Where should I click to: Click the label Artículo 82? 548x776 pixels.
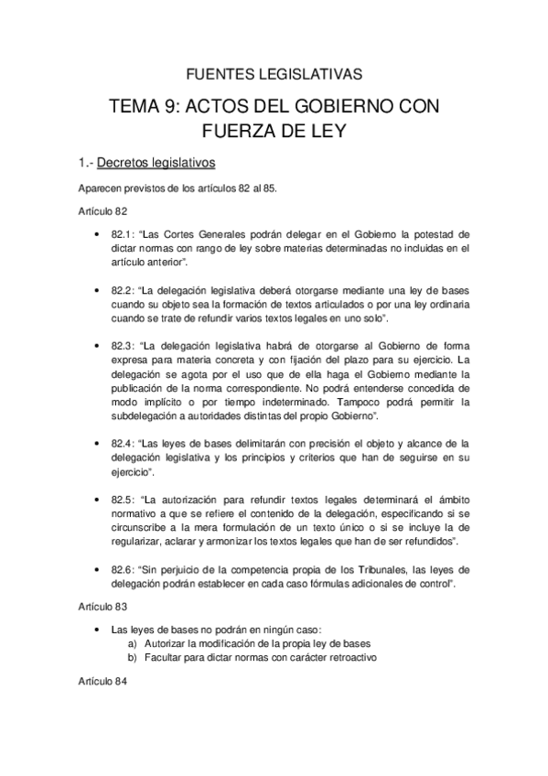coord(102,210)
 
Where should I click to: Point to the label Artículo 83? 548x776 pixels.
coord(102,607)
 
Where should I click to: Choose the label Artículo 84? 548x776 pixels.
coord(102,683)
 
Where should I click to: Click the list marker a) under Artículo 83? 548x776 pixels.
coord(134,644)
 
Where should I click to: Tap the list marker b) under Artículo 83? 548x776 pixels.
coord(134,658)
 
